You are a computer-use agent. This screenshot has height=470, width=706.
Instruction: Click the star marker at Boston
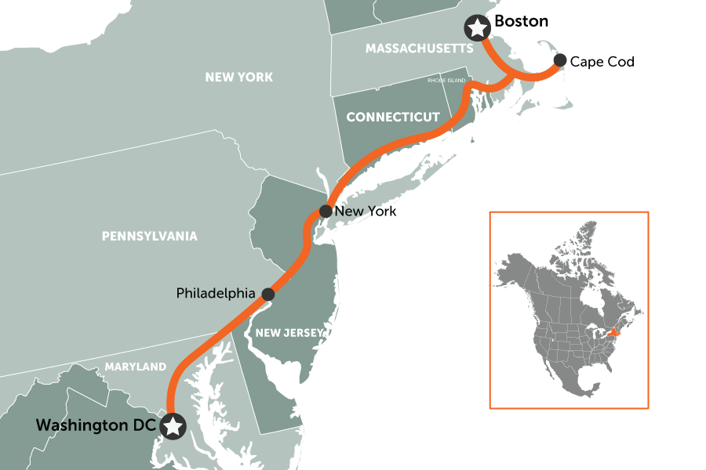(476, 28)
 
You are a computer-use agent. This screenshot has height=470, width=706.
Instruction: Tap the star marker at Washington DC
(173, 426)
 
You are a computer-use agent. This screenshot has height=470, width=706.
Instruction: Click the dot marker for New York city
(326, 211)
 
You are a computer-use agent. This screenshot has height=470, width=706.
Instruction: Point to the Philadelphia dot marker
(267, 294)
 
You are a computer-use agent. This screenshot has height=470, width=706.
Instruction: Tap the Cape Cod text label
(602, 61)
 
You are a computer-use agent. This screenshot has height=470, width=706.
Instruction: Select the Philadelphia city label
(216, 294)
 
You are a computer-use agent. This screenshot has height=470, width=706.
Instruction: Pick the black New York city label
(366, 212)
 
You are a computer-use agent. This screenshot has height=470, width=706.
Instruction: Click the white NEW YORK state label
(238, 77)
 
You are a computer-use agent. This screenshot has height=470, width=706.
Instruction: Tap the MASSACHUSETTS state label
(419, 49)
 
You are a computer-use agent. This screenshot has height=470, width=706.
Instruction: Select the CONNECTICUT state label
(393, 117)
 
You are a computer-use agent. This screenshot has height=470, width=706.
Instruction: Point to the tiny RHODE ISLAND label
(446, 81)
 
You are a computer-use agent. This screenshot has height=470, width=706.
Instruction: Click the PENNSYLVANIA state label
(150, 236)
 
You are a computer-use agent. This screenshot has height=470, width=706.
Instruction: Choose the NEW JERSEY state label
(289, 333)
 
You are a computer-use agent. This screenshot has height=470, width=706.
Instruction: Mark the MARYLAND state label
(136, 367)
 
